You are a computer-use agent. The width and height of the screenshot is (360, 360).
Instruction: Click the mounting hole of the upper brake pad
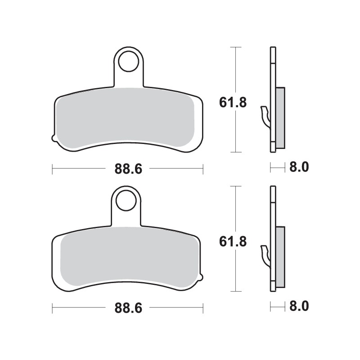tap(128, 61)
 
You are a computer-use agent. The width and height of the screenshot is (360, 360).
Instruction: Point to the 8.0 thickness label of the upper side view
tap(299, 168)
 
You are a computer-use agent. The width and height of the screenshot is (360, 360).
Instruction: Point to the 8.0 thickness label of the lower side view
tap(299, 307)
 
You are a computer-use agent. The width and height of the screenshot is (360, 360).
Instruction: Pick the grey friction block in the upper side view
tap(280, 117)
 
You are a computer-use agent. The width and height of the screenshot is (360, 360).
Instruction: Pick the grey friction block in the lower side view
tap(280, 256)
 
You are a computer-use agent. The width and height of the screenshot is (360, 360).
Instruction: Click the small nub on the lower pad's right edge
tap(202, 278)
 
